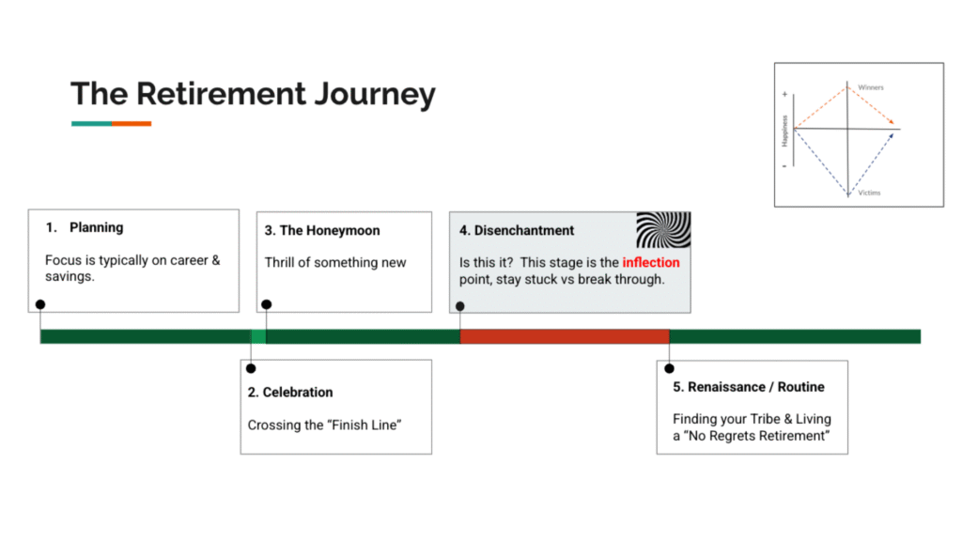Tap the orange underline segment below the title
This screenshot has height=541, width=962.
click(132, 124)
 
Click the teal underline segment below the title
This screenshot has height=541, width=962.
click(91, 124)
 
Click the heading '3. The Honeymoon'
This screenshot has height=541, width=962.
click(322, 230)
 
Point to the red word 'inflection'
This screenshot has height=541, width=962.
click(650, 262)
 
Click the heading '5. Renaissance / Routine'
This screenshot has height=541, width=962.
click(749, 387)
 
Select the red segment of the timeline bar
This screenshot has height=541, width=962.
click(564, 336)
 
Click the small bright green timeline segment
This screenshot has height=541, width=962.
click(258, 336)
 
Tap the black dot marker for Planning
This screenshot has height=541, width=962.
click(40, 304)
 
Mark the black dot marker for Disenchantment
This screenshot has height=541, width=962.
click(460, 305)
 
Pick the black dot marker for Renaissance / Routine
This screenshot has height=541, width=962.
click(669, 368)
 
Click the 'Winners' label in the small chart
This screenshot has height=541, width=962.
click(871, 87)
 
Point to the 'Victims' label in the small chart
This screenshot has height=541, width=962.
click(869, 193)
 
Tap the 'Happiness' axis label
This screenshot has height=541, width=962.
click(784, 131)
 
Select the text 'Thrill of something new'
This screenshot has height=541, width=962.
click(335, 262)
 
